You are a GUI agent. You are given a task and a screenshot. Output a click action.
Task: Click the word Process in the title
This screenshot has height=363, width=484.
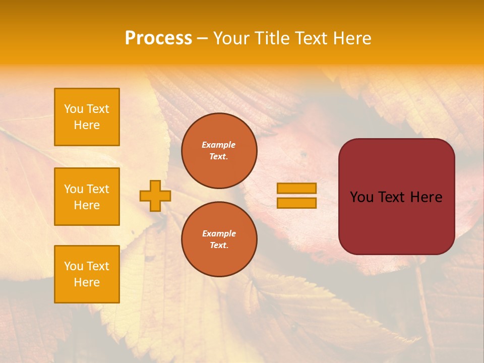click(x=158, y=38)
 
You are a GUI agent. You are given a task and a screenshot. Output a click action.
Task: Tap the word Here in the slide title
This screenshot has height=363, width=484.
click(x=352, y=38)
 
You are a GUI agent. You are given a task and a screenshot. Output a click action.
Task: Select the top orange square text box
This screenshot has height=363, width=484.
click(x=87, y=117)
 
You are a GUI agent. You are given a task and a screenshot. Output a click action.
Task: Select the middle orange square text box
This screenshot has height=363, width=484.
click(x=87, y=197)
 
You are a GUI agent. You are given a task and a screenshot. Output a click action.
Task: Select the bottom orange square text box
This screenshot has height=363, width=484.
click(x=87, y=274)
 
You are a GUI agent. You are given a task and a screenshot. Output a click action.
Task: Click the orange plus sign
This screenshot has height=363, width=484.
click(x=155, y=196)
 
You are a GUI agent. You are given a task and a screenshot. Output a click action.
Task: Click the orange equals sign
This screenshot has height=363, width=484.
click(x=296, y=196)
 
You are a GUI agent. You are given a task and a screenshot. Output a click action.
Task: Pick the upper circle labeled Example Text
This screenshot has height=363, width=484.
click(x=219, y=151)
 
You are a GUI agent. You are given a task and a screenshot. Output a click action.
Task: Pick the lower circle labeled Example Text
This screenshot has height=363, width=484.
click(x=219, y=239)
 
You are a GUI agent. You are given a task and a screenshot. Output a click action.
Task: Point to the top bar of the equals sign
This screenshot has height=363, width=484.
click(x=296, y=188)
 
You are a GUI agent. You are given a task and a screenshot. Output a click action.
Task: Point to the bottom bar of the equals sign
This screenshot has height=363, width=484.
click(x=296, y=203)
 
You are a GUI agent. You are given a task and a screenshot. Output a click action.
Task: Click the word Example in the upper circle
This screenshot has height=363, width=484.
click(x=219, y=145)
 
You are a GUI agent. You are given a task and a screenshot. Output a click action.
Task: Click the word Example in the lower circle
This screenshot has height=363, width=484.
click(x=219, y=233)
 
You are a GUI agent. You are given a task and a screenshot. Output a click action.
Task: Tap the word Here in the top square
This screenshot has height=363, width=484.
click(x=87, y=125)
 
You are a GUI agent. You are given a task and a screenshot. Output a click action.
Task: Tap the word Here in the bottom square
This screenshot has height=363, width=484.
click(x=87, y=282)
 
